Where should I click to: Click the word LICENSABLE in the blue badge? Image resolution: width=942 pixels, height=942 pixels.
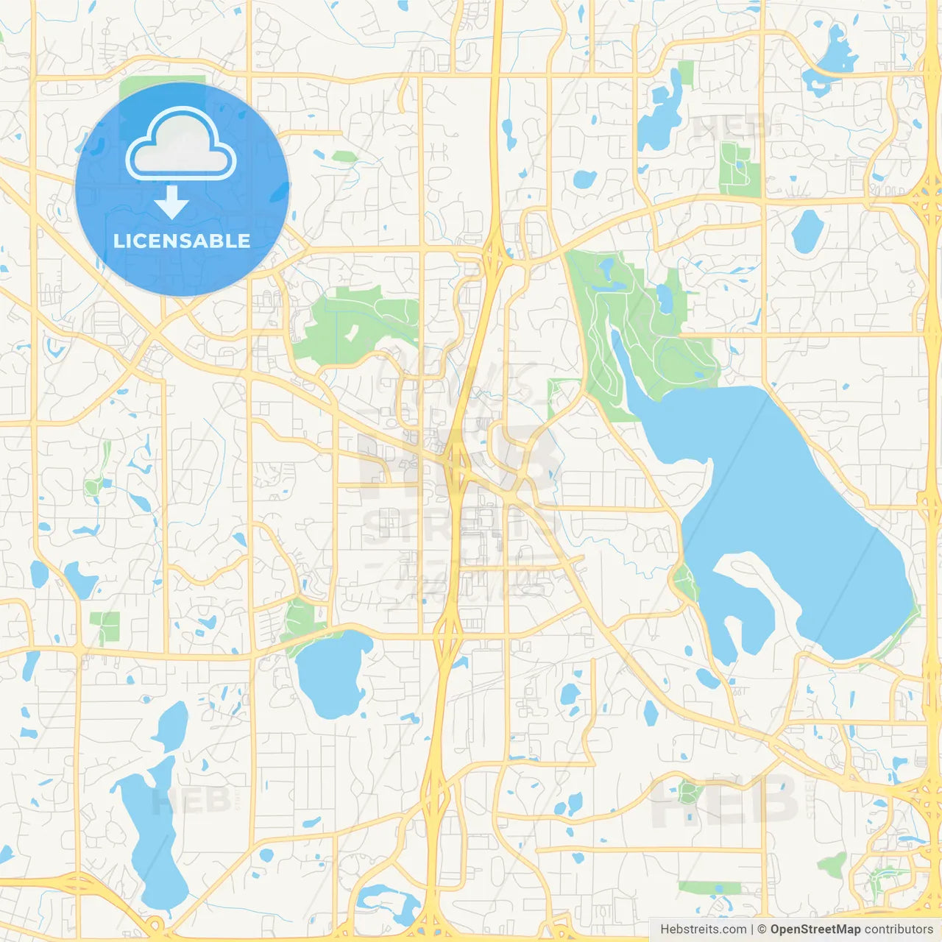(x=182, y=241)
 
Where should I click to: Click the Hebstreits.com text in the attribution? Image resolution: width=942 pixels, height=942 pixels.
(x=703, y=929)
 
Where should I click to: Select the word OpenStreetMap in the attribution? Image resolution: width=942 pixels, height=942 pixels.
(x=815, y=929)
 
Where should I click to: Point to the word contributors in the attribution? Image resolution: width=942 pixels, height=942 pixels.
(x=899, y=929)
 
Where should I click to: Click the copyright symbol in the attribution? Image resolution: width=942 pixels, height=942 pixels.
(x=762, y=929)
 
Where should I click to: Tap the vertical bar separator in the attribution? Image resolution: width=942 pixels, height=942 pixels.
(x=752, y=929)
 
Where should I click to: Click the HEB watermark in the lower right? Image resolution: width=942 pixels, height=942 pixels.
(x=725, y=801)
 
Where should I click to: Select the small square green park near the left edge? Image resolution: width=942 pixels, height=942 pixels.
(x=107, y=626)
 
